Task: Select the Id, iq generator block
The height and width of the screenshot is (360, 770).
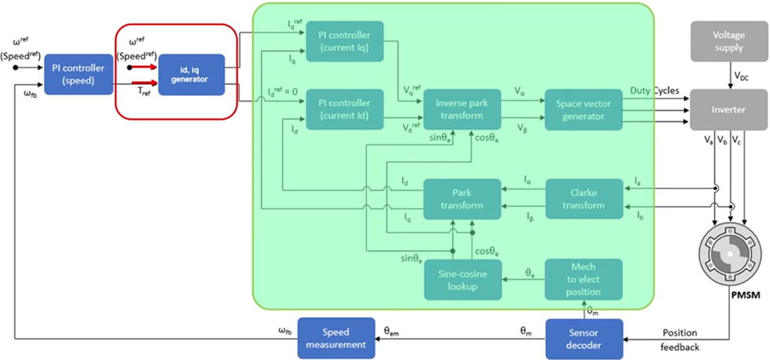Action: (191, 75)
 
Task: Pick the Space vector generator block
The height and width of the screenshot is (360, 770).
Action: (585, 109)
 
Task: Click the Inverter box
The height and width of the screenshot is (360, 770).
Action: (728, 109)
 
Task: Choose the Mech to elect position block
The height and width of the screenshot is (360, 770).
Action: (584, 279)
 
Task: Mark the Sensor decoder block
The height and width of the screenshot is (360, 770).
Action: (584, 338)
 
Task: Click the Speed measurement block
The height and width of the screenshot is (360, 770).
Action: (333, 338)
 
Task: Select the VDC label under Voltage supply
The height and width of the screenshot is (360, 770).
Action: (741, 76)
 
